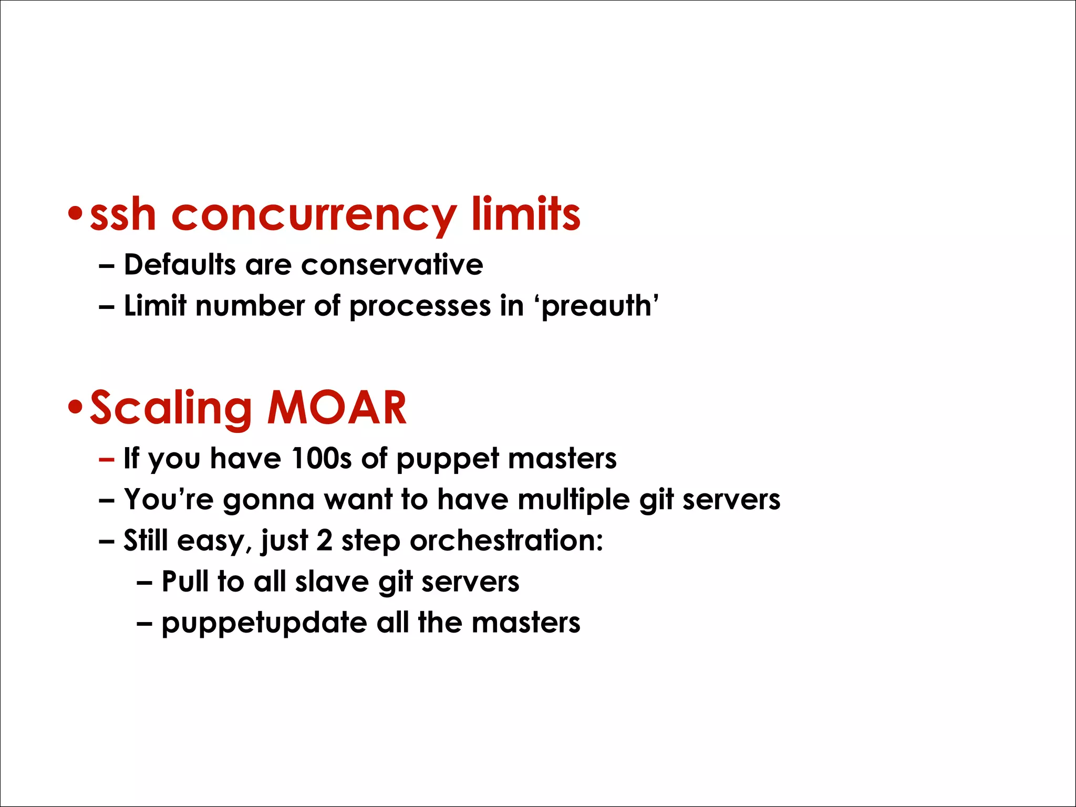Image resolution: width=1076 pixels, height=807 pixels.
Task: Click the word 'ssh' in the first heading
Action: [123, 215]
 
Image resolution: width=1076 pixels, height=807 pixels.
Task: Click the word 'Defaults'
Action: [180, 264]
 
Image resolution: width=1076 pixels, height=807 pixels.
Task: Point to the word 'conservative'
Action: [392, 264]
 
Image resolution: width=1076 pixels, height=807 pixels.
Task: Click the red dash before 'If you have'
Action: [106, 459]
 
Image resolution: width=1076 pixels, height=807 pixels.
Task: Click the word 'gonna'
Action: [268, 500]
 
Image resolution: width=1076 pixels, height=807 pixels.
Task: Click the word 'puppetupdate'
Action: [264, 624]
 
